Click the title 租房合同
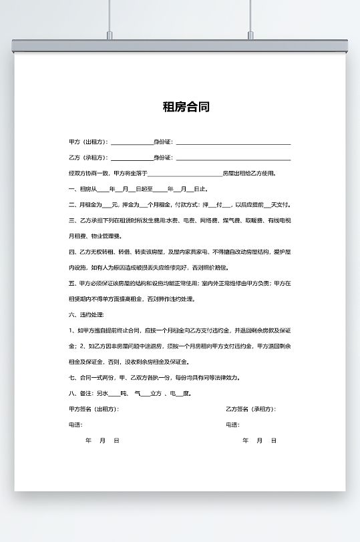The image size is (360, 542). click(x=186, y=107)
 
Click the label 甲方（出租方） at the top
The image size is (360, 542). click(x=88, y=142)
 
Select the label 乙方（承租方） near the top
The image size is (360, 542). click(x=88, y=158)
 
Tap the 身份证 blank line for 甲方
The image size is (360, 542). click(x=232, y=143)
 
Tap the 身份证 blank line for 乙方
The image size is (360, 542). click(x=232, y=158)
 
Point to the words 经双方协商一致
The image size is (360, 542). click(x=86, y=174)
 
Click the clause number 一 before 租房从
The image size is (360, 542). click(x=71, y=190)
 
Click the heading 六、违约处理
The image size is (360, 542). click(x=86, y=314)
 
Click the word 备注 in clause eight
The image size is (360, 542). click(x=84, y=393)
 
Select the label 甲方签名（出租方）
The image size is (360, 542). click(x=94, y=409)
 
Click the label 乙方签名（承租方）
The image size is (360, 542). click(x=250, y=409)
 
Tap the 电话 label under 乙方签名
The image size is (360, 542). click(x=232, y=425)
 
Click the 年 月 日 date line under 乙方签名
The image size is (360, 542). click(x=259, y=441)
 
